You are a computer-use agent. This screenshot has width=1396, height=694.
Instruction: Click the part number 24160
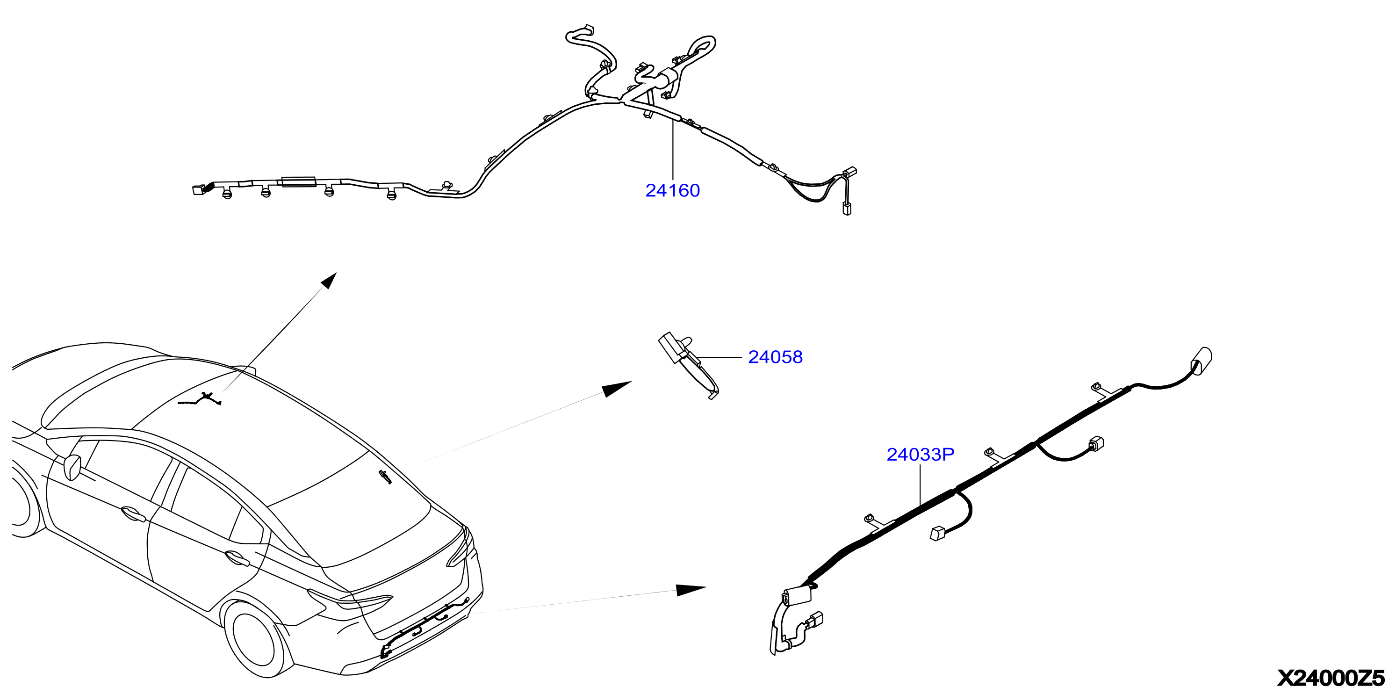[673, 190]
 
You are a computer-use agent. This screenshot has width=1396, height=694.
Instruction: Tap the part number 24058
[776, 357]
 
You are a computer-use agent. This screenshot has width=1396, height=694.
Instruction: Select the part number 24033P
[920, 455]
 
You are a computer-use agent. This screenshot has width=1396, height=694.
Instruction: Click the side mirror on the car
[72, 467]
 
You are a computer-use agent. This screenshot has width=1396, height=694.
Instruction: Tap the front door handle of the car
[132, 513]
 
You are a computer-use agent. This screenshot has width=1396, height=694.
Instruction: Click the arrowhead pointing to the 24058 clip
[617, 388]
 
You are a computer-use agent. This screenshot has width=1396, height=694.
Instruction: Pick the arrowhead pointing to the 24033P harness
[691, 590]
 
